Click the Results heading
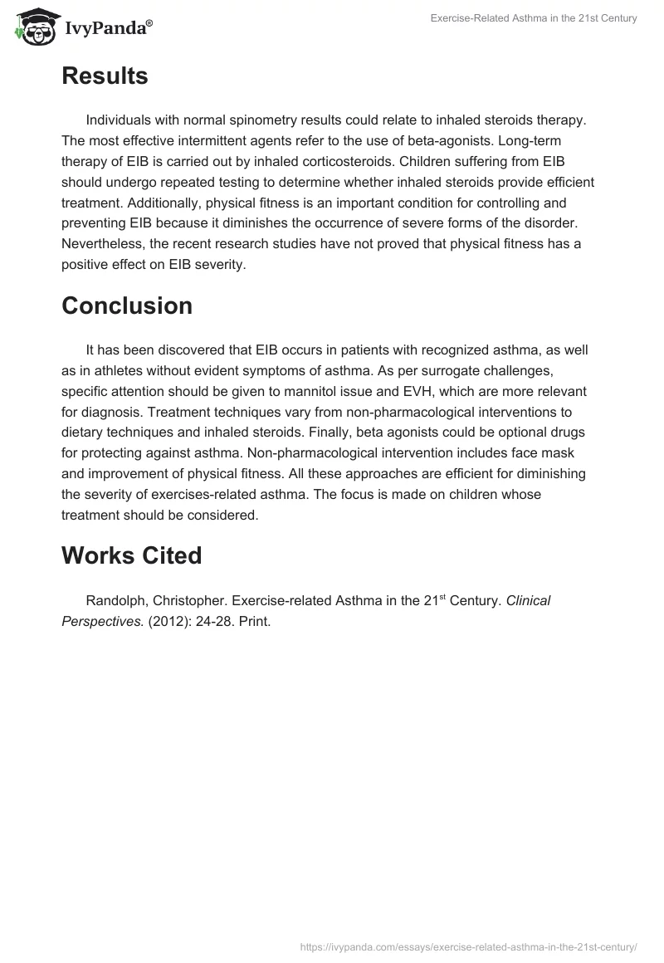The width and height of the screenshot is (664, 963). [x=105, y=76]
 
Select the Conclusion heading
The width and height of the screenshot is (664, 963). [x=127, y=306]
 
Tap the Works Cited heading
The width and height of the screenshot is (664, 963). [x=131, y=555]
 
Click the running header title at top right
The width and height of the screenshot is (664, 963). [x=534, y=18]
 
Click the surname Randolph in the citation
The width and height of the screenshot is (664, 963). [x=116, y=600]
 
